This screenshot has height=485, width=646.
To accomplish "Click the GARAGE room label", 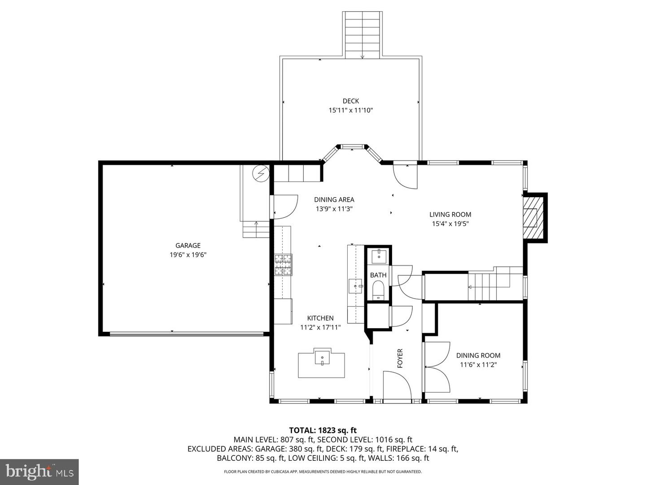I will tap(188, 246).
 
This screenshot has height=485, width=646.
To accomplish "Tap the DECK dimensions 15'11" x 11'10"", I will tap(351, 110).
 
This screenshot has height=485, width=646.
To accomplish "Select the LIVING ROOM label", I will tap(450, 215).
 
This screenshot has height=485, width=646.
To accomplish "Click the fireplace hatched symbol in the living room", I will tap(532, 218).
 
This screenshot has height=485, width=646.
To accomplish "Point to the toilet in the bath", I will tap(379, 290).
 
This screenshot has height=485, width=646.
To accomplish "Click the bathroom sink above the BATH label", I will tap(379, 256).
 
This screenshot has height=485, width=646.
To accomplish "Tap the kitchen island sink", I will tap(322, 358).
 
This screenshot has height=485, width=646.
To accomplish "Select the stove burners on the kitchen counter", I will tap(283, 265).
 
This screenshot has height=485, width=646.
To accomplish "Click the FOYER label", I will tap(400, 358).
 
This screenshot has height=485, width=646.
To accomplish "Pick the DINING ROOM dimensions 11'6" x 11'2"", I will tap(478, 365).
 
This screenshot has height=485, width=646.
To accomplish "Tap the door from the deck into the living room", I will tap(405, 176).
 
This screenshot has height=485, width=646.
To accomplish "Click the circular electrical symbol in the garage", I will tap(261, 173).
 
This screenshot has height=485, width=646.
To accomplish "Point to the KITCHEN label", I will tap(320, 318).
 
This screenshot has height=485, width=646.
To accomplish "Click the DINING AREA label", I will tap(334, 200).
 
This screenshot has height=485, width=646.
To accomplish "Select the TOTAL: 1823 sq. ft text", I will tap(323, 430).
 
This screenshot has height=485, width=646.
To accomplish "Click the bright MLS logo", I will tap(39, 472).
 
